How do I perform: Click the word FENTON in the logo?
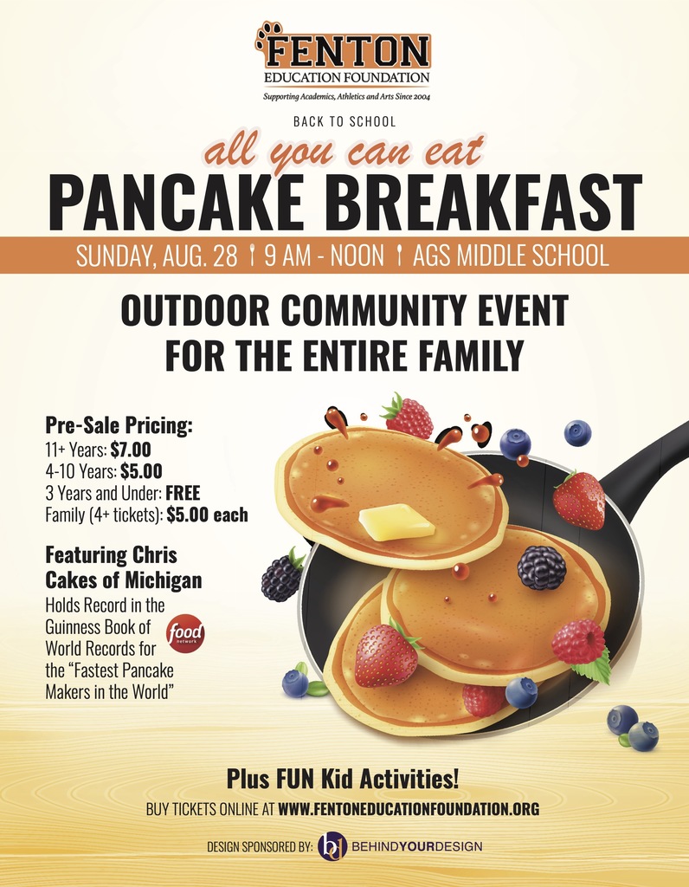pyautogui.click(x=348, y=51)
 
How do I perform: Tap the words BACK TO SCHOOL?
pyautogui.click(x=344, y=121)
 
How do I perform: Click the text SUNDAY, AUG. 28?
pyautogui.click(x=157, y=256)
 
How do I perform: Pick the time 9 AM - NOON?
pyautogui.click(x=324, y=256)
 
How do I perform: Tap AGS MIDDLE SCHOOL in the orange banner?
pyautogui.click(x=511, y=256)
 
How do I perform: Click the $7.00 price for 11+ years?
pyautogui.click(x=131, y=450)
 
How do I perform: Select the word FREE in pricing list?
pyautogui.click(x=184, y=493)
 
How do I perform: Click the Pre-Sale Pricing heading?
pyautogui.click(x=119, y=425)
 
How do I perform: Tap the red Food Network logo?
pyautogui.click(x=185, y=633)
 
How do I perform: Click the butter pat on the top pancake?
pyautogui.click(x=396, y=521)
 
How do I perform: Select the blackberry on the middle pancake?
pyautogui.click(x=542, y=568)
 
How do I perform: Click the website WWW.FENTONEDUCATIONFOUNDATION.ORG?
pyautogui.click(x=408, y=809)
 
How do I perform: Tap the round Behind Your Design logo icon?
pyautogui.click(x=332, y=846)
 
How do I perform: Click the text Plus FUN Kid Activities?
pyautogui.click(x=343, y=779)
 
